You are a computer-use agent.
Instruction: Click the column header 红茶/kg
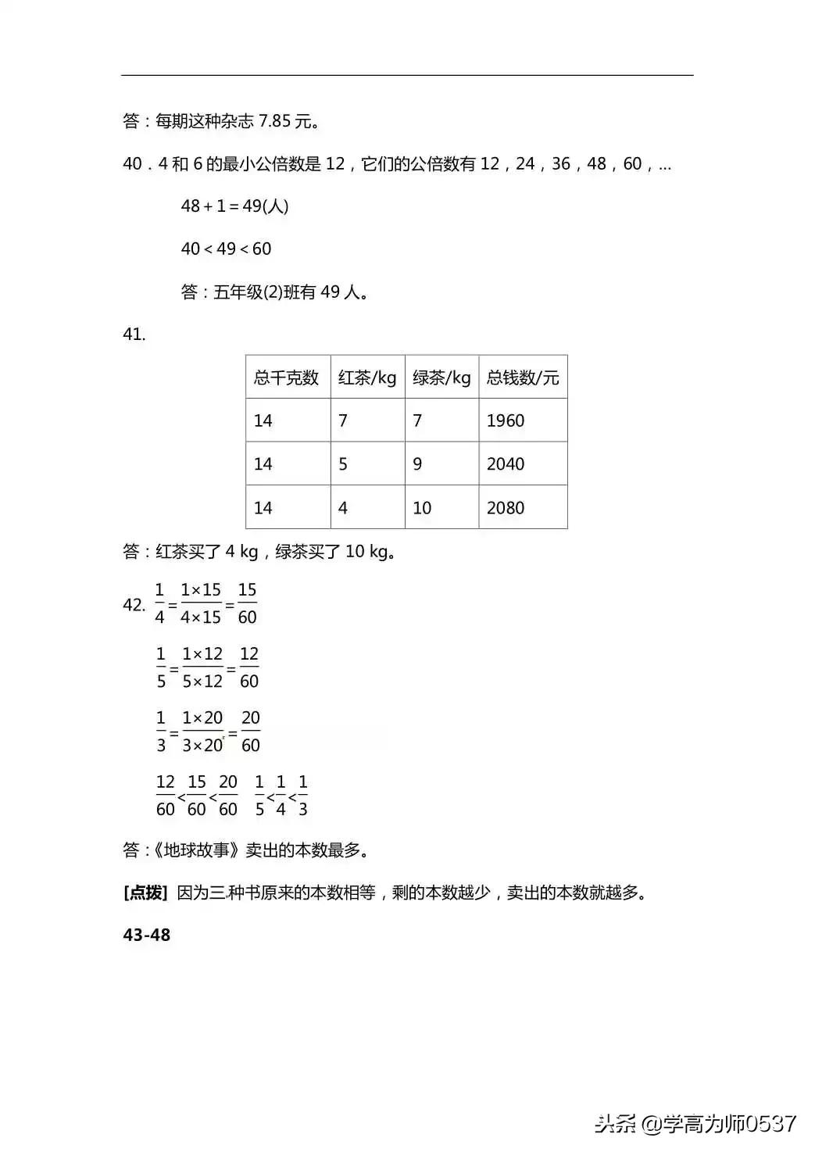(367, 378)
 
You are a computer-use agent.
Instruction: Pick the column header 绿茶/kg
(441, 378)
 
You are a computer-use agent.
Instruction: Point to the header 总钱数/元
(523, 378)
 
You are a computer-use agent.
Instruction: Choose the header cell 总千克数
(287, 378)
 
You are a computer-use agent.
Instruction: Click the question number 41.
(134, 335)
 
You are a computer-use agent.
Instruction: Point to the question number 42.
(134, 605)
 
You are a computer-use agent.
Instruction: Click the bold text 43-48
(147, 935)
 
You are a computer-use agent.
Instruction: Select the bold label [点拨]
(146, 893)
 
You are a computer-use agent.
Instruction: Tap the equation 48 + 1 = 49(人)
(234, 206)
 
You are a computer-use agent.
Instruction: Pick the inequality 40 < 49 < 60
(226, 249)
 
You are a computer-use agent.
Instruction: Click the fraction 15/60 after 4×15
(247, 603)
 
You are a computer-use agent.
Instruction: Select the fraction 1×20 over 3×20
(202, 732)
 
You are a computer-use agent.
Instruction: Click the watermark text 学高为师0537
(729, 1124)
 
